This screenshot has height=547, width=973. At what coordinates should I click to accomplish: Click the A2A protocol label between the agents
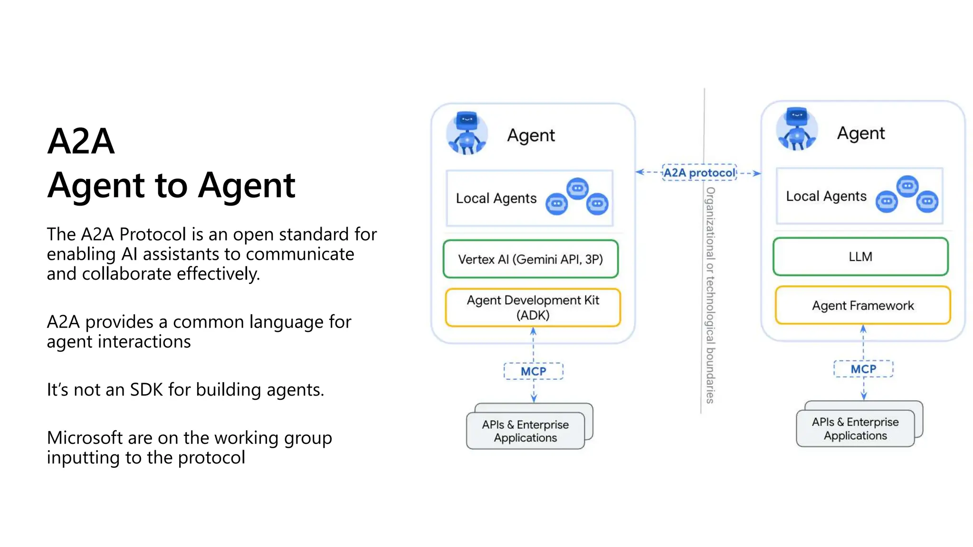click(699, 173)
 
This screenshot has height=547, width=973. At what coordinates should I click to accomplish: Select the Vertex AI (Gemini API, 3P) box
click(530, 259)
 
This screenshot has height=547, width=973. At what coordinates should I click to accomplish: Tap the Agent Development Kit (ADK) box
click(533, 308)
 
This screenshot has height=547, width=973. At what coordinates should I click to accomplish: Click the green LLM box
click(860, 257)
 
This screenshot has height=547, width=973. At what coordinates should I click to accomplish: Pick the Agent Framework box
click(862, 305)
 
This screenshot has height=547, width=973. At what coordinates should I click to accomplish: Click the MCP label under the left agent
click(533, 371)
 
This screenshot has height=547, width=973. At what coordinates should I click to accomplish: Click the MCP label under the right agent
click(863, 369)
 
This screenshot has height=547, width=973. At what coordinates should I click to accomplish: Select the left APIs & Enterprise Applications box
click(525, 431)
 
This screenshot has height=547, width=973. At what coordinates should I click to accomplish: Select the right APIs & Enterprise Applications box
click(855, 429)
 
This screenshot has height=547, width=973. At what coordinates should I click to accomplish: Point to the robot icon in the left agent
click(467, 133)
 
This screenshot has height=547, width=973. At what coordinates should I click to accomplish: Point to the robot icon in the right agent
click(797, 129)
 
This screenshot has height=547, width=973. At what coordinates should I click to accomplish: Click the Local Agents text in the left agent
click(496, 198)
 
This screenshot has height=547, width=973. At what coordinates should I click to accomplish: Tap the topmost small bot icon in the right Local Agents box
click(907, 186)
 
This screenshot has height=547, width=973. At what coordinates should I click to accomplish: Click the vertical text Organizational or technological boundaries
click(710, 294)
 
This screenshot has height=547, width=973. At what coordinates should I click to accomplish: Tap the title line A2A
click(81, 141)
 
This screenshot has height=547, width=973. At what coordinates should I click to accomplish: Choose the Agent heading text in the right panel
click(860, 133)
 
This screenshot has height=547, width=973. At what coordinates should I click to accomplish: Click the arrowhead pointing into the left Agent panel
click(639, 172)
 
